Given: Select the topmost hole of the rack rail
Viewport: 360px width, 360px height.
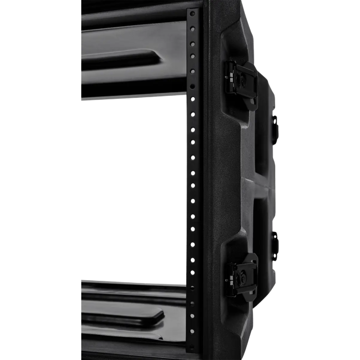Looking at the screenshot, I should click(193, 13).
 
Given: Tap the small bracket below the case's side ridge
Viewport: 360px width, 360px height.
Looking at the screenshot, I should click(275, 239).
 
